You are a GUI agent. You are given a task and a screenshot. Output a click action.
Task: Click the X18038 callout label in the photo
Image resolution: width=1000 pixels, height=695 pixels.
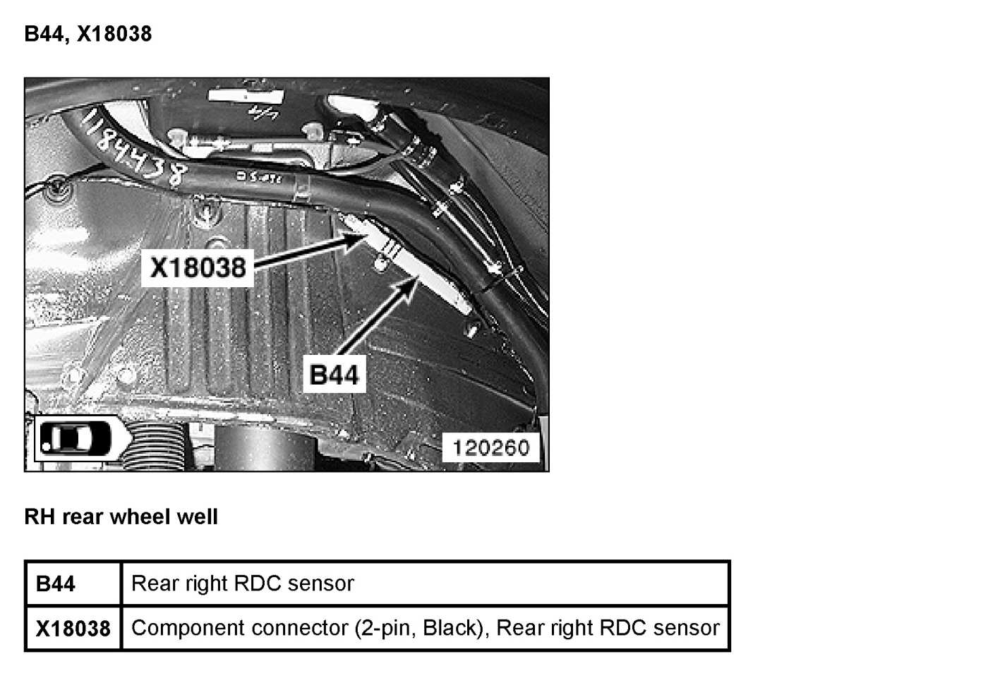[198, 267]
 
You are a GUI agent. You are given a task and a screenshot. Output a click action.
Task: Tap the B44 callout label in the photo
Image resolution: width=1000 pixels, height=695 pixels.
[334, 375]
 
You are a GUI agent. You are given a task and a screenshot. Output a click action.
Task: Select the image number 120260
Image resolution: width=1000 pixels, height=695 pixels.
[490, 447]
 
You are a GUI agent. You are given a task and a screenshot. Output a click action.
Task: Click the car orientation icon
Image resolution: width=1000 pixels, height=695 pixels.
[76, 439]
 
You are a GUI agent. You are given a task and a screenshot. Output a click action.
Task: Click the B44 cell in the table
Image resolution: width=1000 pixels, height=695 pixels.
[56, 584]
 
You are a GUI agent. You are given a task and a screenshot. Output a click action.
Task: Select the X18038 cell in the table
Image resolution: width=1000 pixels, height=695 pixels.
[73, 629]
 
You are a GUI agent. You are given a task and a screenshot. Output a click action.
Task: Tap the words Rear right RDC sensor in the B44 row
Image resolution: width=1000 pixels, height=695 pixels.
[242, 584]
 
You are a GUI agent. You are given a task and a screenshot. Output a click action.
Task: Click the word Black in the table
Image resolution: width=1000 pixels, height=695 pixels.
[450, 628]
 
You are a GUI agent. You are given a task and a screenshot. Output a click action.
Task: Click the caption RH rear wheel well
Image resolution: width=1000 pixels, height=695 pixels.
[121, 517]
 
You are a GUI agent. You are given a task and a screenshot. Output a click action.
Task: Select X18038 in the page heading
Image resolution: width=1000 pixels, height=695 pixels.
[114, 34]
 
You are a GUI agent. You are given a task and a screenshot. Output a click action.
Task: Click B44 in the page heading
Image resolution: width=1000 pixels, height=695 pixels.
[44, 34]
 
